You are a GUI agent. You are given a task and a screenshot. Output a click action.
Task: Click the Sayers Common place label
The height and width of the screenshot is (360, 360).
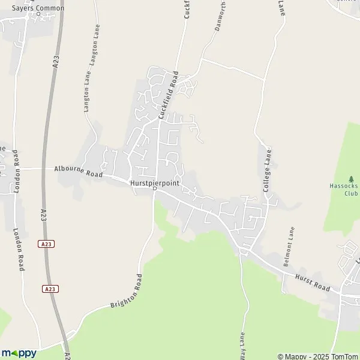tap(37, 7)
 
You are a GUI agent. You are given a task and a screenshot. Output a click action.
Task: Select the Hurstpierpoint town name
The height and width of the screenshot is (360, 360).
tap(154, 182)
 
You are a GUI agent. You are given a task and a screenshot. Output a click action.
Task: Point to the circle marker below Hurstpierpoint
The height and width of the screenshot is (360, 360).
tap(154, 188)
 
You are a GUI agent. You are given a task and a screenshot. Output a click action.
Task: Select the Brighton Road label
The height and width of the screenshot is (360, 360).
tap(125, 292)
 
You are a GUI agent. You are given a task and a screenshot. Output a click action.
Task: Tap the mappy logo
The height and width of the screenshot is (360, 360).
tap(19, 353)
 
